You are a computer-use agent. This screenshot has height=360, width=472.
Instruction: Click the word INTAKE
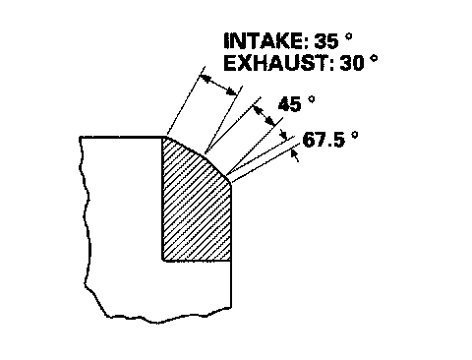(264, 41)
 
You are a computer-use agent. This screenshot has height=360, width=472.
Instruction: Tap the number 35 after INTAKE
(326, 41)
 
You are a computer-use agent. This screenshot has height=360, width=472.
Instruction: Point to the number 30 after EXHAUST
(352, 63)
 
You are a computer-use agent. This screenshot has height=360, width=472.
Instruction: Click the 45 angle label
(289, 104)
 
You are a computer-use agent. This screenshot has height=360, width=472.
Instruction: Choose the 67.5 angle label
(324, 140)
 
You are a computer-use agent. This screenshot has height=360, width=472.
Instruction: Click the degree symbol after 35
(348, 36)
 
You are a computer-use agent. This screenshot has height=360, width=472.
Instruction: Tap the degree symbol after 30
(374, 58)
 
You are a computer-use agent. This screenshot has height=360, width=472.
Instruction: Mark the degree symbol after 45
(312, 99)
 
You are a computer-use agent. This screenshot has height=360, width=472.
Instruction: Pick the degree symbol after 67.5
(354, 135)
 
